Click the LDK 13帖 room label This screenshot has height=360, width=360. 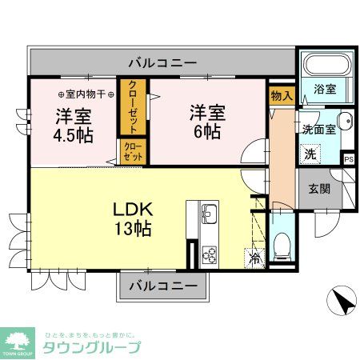(133, 218)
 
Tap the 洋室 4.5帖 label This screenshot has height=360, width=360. (73, 125)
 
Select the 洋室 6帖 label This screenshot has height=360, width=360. (207, 122)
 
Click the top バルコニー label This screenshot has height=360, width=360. (163, 62)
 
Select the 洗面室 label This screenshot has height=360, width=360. (318, 128)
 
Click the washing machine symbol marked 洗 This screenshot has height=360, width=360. (309, 152)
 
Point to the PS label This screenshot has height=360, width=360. (348, 158)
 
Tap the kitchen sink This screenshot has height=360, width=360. (208, 214)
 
